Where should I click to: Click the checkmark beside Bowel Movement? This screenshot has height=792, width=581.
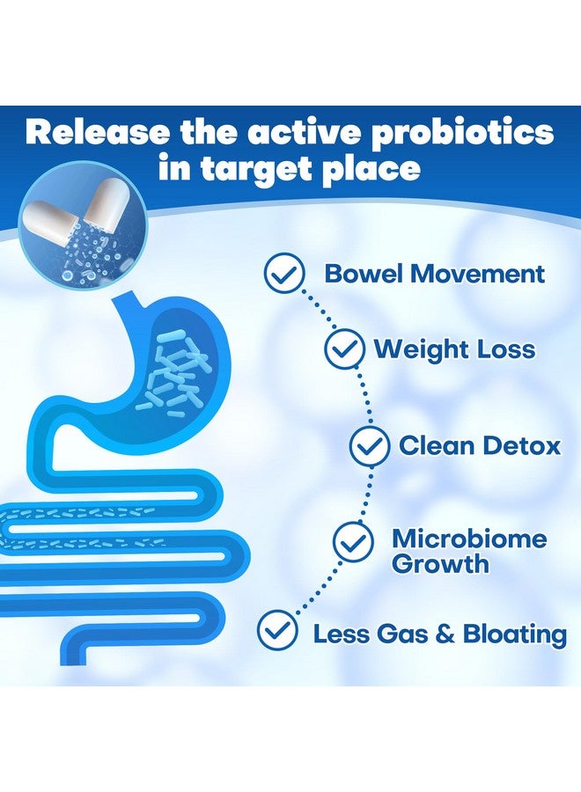pyautogui.click(x=285, y=275)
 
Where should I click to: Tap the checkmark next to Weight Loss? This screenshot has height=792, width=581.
pyautogui.click(x=344, y=349)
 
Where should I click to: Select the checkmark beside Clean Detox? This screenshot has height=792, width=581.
pyautogui.click(x=370, y=445)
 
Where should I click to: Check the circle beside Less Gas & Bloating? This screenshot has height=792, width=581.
pyautogui.click(x=277, y=631)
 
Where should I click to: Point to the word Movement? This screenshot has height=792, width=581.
pyautogui.click(x=476, y=273)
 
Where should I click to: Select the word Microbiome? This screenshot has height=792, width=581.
pyautogui.click(x=469, y=538)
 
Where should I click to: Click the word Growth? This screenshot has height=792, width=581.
pyautogui.click(x=440, y=563)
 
